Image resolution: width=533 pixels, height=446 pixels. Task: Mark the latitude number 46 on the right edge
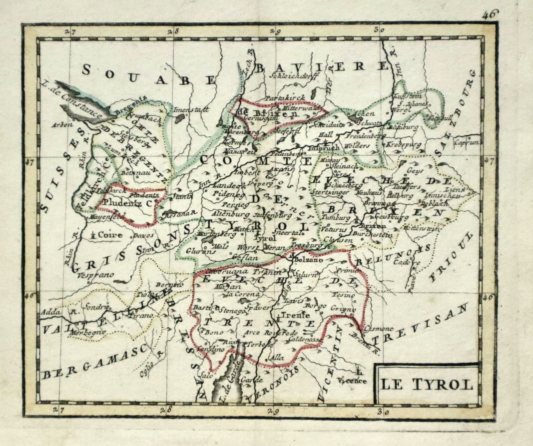point(487,297)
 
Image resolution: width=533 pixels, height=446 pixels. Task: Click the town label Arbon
point(63,125)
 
